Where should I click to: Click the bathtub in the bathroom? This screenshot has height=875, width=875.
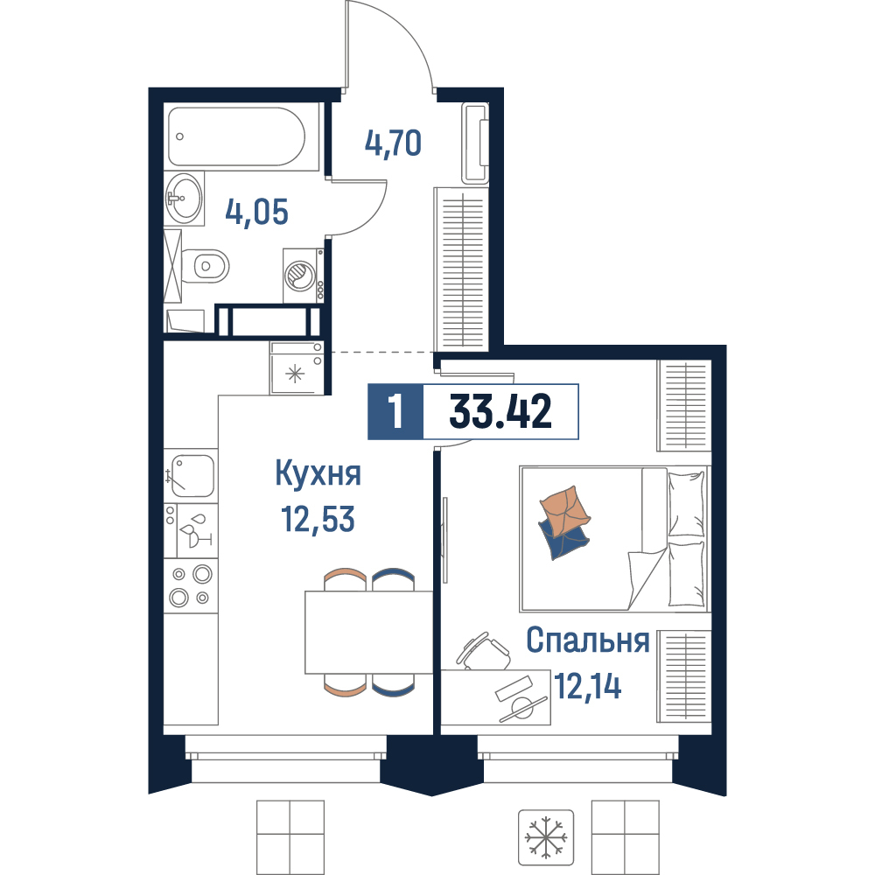click(x=236, y=136)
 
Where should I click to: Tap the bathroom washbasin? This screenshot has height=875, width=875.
click(x=184, y=198)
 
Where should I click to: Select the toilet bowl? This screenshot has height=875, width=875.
click(x=205, y=266)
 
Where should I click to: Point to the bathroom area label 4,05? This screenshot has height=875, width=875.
click(x=256, y=212)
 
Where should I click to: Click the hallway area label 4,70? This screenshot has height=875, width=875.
click(x=394, y=143)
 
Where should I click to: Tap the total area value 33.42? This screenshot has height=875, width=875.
click(x=500, y=411)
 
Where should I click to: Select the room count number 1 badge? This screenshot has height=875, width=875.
click(x=395, y=412)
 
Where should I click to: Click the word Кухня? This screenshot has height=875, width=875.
click(x=318, y=474)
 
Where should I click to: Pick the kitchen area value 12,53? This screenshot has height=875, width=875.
click(x=318, y=519)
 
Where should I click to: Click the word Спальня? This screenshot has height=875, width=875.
click(x=588, y=640)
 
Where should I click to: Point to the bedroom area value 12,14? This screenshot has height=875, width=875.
click(x=588, y=686)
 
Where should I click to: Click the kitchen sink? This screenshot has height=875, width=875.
click(x=191, y=475)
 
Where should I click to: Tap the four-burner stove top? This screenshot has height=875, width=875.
click(x=190, y=585)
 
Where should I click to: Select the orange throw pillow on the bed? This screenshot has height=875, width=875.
click(x=563, y=509)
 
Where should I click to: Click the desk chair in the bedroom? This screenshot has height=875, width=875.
click(x=483, y=652)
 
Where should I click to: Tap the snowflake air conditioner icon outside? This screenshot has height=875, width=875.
click(x=546, y=837)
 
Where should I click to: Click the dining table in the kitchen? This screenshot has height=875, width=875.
click(x=369, y=633)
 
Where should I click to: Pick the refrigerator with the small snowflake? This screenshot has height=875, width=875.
click(x=297, y=367)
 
